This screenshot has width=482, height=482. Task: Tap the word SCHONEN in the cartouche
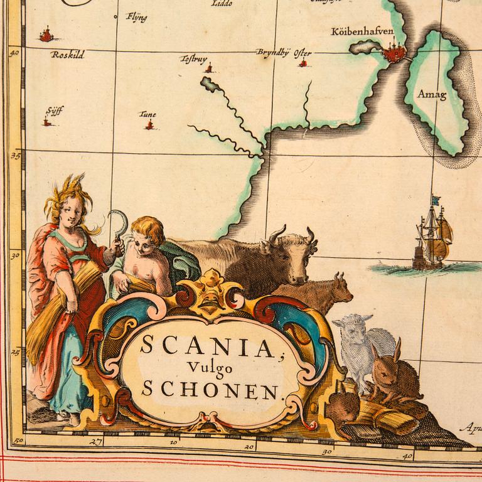(x=209, y=390)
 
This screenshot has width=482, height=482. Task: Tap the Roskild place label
(x=68, y=55)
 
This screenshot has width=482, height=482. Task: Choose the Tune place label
(x=148, y=114)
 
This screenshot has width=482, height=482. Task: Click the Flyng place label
(x=137, y=17)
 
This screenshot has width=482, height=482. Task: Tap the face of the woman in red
(x=70, y=212)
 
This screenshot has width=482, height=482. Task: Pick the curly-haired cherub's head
(x=146, y=235)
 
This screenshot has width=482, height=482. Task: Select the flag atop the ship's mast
(x=436, y=200)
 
